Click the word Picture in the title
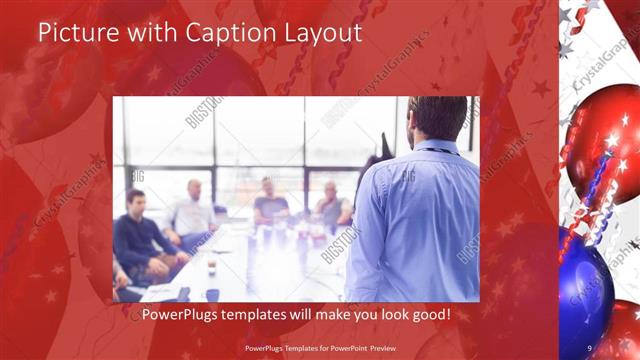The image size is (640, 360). pyautogui.click(x=73, y=32)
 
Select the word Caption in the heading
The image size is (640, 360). pyautogui.click(x=217, y=32)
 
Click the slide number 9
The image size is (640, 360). pyautogui.click(x=590, y=348)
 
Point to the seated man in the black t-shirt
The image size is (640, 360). pyautogui.click(x=269, y=204)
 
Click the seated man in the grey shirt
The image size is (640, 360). pyautogui.click(x=333, y=206)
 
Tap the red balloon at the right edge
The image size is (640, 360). pyautogui.click(x=605, y=140)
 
